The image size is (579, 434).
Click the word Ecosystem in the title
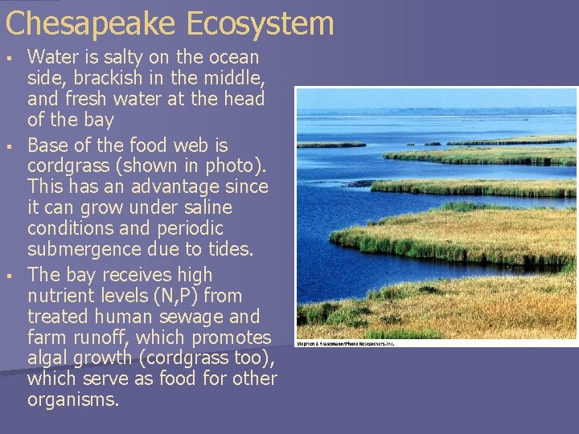[260, 23]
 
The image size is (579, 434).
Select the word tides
[230, 250]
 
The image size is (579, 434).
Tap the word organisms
[72, 400]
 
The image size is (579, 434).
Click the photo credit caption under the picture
[345, 343]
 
